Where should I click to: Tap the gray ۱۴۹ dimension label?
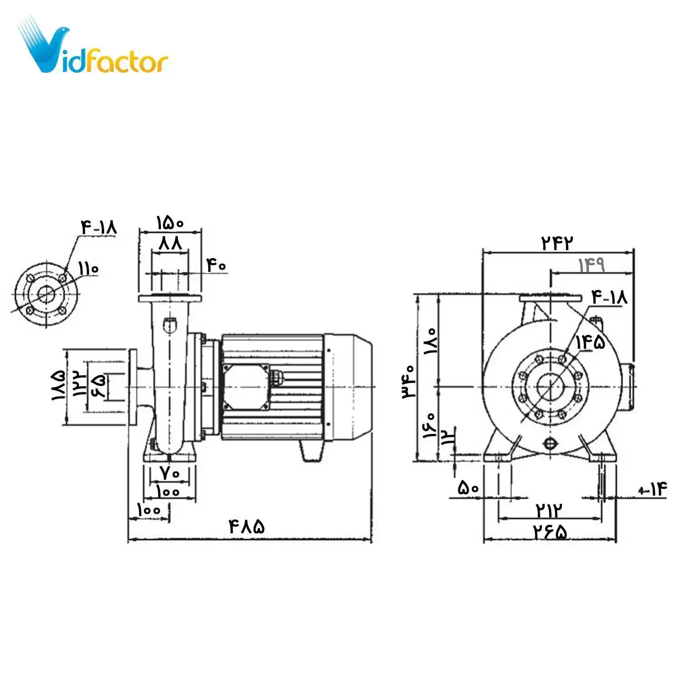coord(591,264)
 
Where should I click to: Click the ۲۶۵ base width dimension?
coord(551,532)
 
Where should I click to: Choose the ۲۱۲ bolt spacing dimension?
coord(549,510)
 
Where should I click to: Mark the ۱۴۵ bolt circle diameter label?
coord(591,342)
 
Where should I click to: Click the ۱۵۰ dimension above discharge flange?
coord(170,223)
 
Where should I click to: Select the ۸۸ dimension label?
coord(170,243)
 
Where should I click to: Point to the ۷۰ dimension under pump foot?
coord(170,473)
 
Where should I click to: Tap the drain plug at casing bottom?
coord(550,443)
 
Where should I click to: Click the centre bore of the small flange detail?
coord(46,294)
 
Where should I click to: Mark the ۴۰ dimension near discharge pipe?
coord(216,265)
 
